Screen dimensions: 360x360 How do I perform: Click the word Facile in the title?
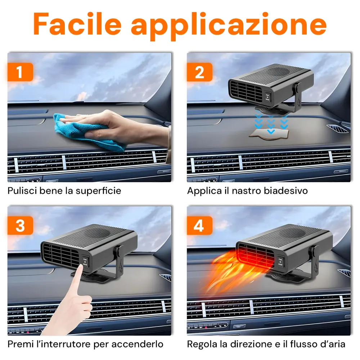77,24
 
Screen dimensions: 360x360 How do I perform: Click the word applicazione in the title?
229,26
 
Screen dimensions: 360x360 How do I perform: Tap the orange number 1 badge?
20,72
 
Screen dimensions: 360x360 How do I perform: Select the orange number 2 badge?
199,72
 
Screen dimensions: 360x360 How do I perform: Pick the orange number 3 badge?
20,225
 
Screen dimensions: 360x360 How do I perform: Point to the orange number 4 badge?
199,225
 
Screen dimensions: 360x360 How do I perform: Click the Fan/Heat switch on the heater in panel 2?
267,96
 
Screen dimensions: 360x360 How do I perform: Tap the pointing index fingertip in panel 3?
80,266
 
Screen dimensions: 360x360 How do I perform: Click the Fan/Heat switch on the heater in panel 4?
280,261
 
